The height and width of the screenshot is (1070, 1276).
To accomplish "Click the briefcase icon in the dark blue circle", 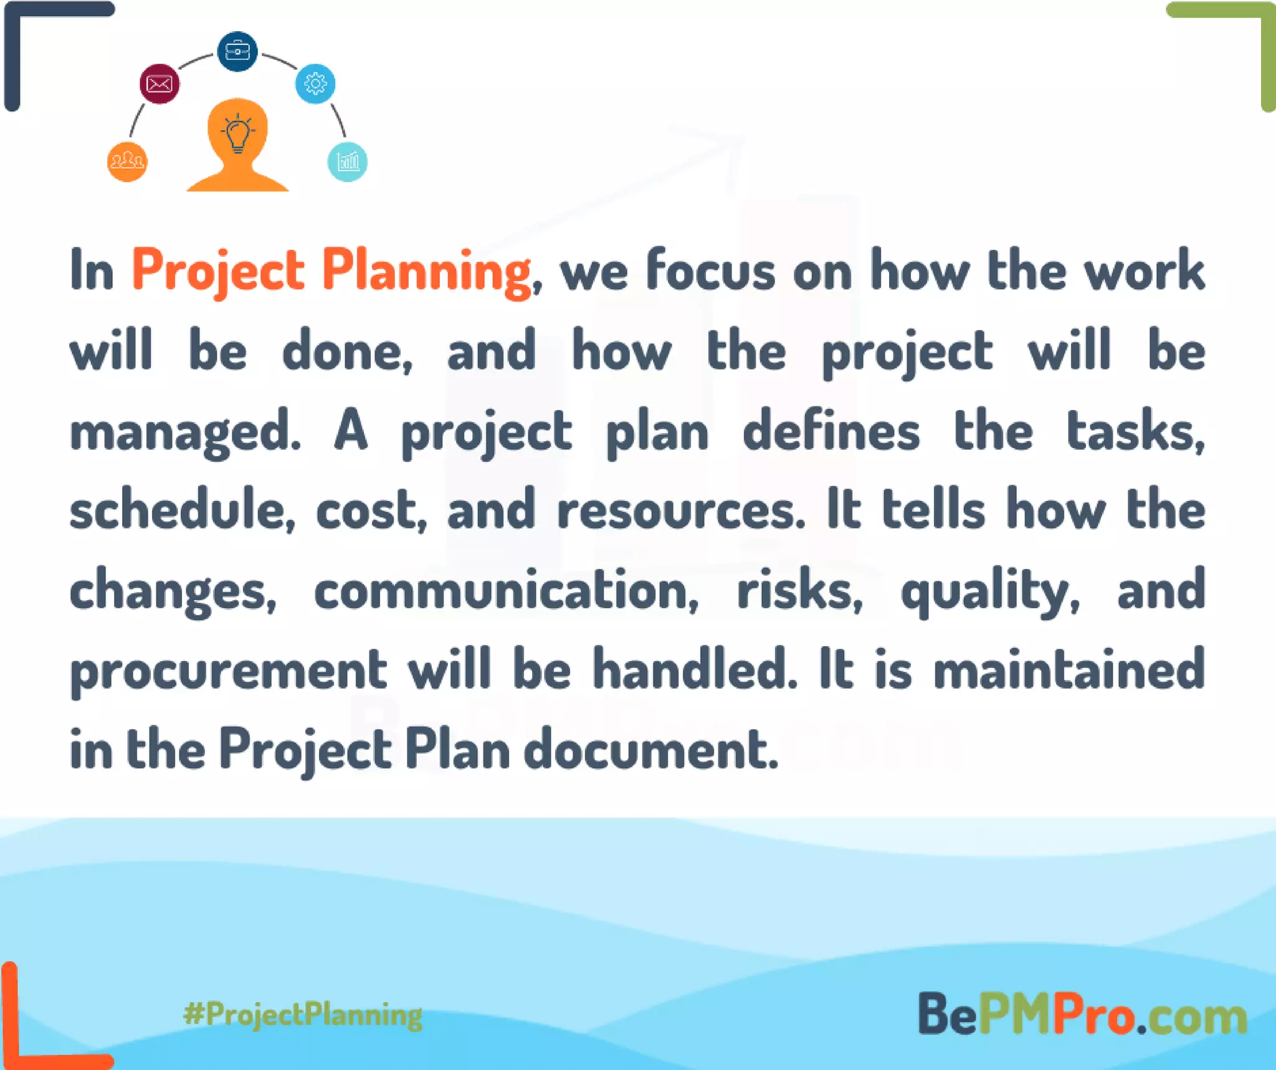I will tap(237, 51).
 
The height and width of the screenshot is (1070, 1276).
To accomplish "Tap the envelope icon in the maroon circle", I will tap(159, 84).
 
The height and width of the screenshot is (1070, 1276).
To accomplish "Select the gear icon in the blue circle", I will tap(315, 84).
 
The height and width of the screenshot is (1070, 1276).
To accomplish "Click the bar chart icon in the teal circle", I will tap(348, 162).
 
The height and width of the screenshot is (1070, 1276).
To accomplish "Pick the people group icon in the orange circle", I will tap(127, 162).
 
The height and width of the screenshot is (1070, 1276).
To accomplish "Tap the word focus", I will tap(711, 271).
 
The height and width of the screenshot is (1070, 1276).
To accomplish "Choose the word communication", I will tap(506, 590).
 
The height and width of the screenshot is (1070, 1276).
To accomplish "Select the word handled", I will tap(695, 669).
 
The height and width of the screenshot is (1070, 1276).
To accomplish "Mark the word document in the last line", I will tap(651, 749).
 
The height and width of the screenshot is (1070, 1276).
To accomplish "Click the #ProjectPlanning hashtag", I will tap(303, 1014).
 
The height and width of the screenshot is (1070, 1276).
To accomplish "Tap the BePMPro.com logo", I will tap(1082, 1015).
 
